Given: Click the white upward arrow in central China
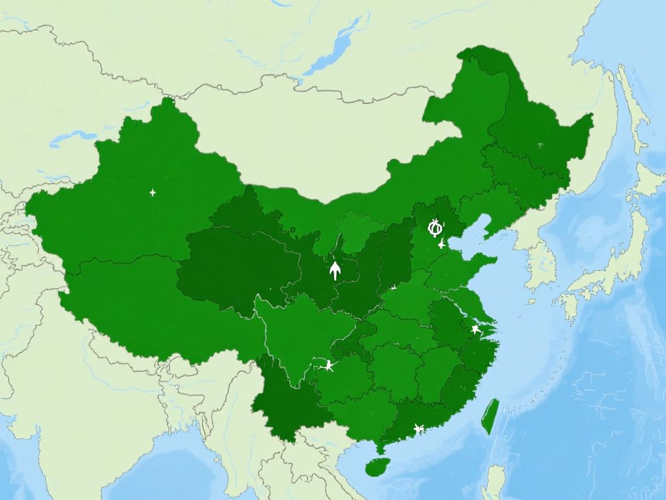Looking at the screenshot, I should pos(335,270).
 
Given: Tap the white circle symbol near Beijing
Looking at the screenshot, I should pos(435,227).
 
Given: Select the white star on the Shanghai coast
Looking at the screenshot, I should pos(475,329).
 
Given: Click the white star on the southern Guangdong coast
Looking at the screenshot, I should pos(419,429).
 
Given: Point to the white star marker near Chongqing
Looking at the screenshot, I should pos(329,365).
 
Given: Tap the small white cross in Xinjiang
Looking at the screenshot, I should pos(153,192).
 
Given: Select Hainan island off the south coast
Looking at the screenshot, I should pos(378,466).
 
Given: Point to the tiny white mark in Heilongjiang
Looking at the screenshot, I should pos(540,145).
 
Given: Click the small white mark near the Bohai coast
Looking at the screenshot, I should pos(442,244).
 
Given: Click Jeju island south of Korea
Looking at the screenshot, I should pos(531,302).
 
